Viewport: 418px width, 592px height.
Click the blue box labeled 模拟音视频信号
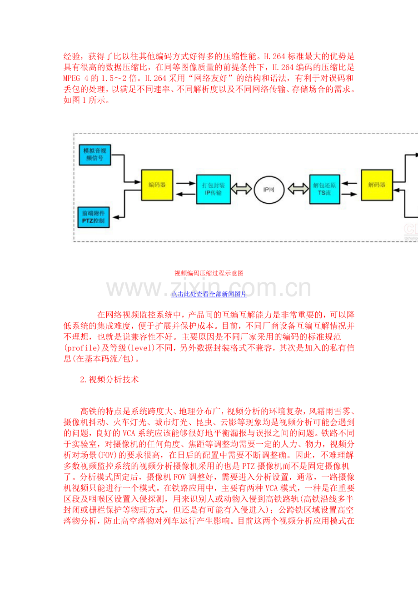click(95, 155)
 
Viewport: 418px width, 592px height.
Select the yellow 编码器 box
click(157, 185)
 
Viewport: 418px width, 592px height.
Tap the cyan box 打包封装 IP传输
click(214, 189)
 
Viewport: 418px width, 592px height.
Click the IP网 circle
click(269, 190)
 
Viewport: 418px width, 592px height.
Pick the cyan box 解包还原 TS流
click(324, 189)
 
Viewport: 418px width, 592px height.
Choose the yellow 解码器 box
click(377, 185)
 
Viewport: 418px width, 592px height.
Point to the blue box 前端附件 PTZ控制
click(94, 217)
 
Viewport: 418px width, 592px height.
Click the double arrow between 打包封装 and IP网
click(241, 189)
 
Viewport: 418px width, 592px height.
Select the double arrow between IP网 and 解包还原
click(298, 189)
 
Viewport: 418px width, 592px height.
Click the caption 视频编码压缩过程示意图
click(209, 273)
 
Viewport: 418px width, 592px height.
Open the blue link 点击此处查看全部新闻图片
click(209, 294)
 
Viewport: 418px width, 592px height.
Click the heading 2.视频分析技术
click(109, 380)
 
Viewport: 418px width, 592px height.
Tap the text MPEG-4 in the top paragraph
click(76, 78)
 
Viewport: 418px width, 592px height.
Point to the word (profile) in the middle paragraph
click(82, 348)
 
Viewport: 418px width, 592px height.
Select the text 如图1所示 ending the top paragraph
click(85, 100)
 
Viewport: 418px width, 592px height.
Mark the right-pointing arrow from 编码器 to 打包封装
click(186, 183)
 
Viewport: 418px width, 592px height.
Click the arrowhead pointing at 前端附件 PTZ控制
click(116, 217)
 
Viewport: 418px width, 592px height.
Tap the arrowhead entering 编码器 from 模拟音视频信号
click(138, 182)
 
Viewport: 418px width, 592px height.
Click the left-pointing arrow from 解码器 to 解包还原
click(349, 183)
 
